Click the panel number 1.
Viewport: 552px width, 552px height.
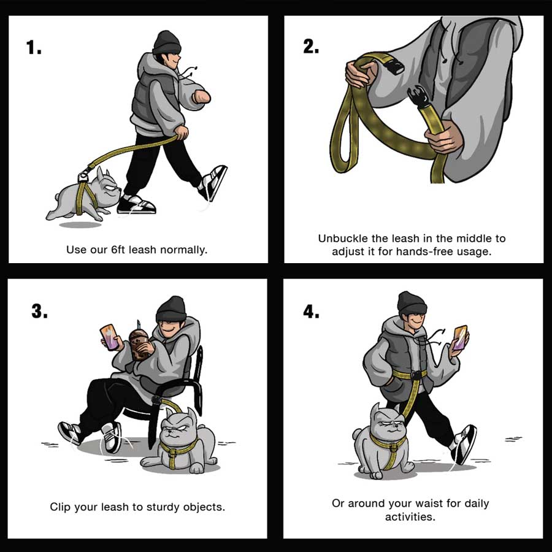(x=34, y=47)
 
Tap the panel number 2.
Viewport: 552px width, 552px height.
(x=311, y=46)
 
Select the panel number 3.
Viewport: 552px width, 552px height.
(x=39, y=311)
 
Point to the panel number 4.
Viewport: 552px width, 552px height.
(x=311, y=311)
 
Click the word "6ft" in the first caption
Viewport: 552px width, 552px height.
(x=118, y=250)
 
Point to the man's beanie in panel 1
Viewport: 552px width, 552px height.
(x=167, y=42)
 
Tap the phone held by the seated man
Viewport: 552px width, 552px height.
(x=110, y=337)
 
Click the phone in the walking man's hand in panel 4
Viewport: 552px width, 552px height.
(x=460, y=337)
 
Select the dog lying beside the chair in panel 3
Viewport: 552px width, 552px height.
(x=180, y=442)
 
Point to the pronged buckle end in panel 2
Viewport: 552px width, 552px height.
(x=418, y=96)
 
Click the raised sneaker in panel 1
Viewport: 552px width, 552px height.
(x=213, y=182)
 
